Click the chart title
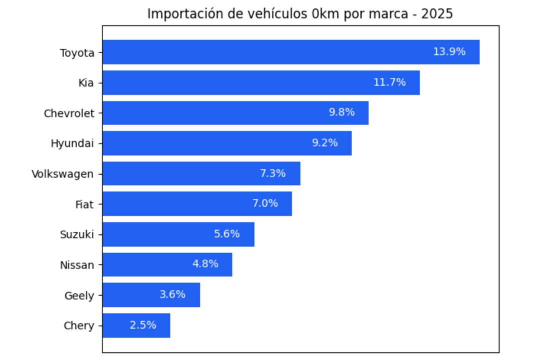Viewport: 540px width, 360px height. pos(300,14)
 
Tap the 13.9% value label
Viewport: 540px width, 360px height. pos(449,52)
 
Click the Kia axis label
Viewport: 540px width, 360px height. pos(86,83)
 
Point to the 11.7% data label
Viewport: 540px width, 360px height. pos(389,82)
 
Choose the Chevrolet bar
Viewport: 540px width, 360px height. pos(235,113)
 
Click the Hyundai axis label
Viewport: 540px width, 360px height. pos(72,143)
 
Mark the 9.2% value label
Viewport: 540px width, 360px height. pos(325,143)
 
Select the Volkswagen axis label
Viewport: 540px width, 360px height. pos(62,174)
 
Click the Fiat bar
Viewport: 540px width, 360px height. pos(197,204)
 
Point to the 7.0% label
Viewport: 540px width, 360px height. pos(265,203)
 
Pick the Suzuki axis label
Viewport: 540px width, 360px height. pos(77,234)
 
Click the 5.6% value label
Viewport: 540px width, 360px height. pos(227,234)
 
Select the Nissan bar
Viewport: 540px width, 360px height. pos(167,264)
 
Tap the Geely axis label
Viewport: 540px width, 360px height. pos(79,295)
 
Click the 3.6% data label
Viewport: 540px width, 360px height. pos(172,294)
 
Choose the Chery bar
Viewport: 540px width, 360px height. pos(136,325)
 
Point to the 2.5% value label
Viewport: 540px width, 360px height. pos(143,325)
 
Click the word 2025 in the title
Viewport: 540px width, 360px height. pos(437,14)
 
